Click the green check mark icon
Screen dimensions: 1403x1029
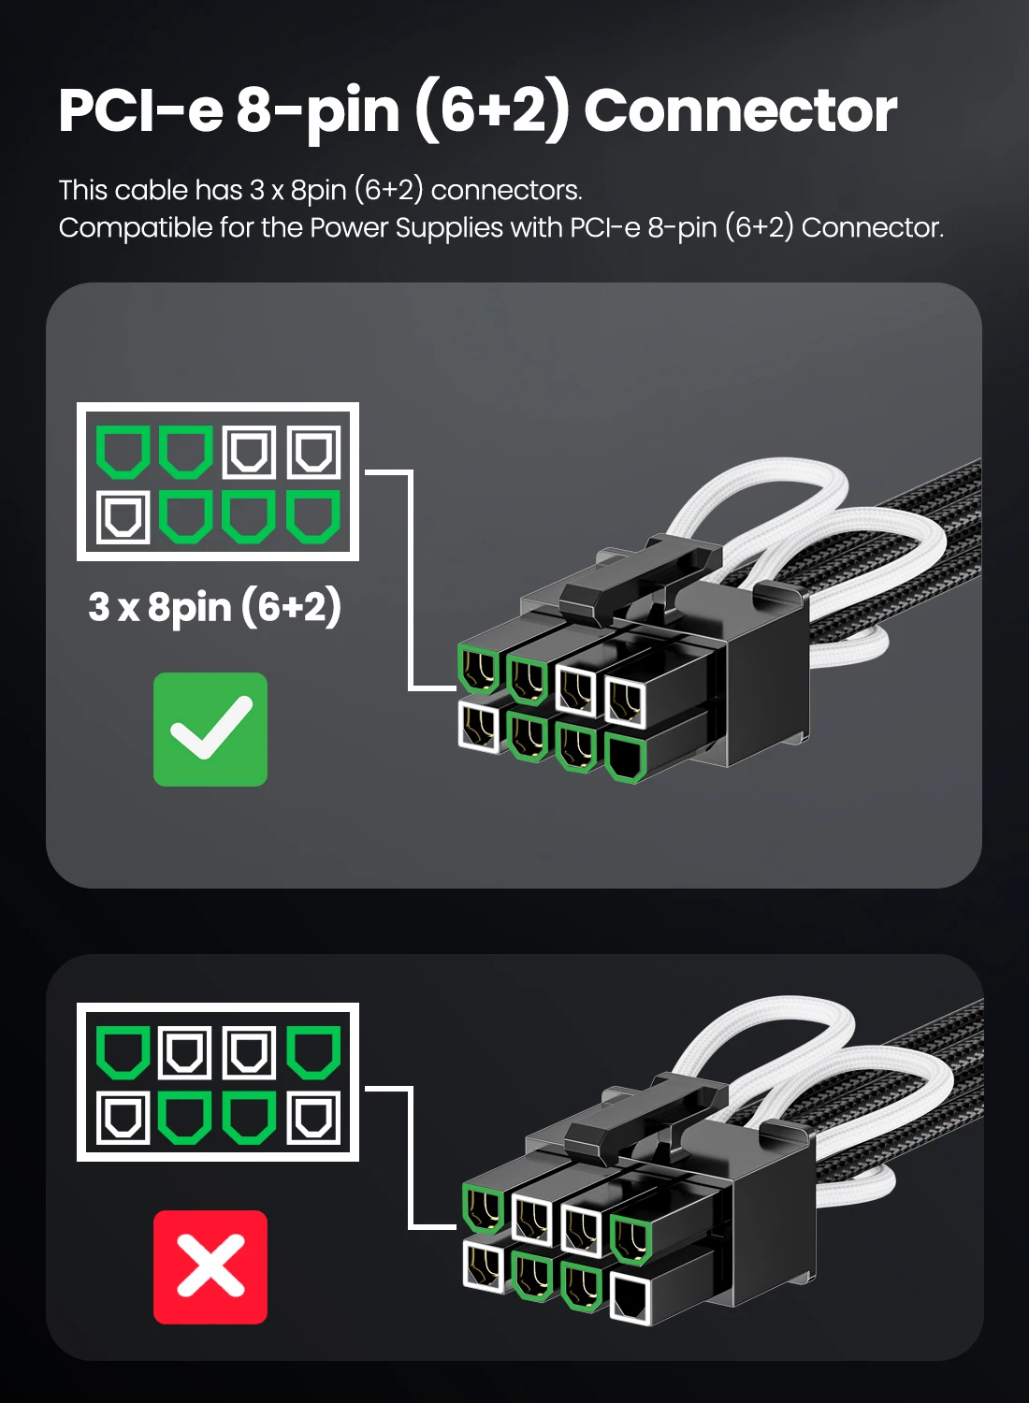(210, 730)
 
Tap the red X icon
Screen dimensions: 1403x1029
(210, 1267)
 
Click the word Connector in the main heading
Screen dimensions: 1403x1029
(740, 110)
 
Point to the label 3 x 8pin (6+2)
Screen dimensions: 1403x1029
(215, 607)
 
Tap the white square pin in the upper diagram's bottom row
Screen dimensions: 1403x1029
(123, 517)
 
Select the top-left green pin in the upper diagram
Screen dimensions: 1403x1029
(123, 453)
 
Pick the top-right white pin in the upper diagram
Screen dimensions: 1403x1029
(313, 453)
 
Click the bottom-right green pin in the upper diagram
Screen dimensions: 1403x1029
(313, 517)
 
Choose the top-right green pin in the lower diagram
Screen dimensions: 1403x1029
(313, 1052)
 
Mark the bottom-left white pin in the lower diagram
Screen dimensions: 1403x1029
(123, 1118)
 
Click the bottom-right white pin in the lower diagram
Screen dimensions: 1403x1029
(313, 1118)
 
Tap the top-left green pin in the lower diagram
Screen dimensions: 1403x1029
(123, 1052)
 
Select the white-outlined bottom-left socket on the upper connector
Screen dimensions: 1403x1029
(480, 728)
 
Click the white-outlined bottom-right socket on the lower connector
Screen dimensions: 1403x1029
(630, 1298)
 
